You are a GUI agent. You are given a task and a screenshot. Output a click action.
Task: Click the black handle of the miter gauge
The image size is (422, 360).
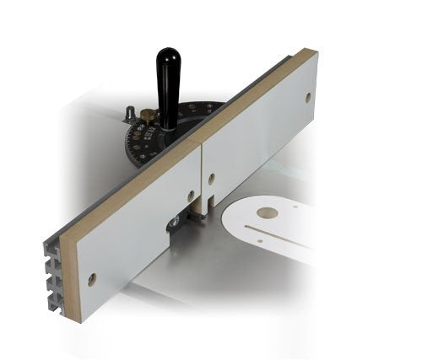169,84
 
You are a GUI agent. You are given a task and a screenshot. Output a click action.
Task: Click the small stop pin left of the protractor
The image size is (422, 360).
129,112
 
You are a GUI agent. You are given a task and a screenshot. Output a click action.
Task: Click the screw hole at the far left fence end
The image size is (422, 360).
91,277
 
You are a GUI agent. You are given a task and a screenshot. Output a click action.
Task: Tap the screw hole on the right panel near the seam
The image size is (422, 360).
212,178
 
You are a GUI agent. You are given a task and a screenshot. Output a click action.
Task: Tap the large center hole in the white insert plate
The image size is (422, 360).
268,213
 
